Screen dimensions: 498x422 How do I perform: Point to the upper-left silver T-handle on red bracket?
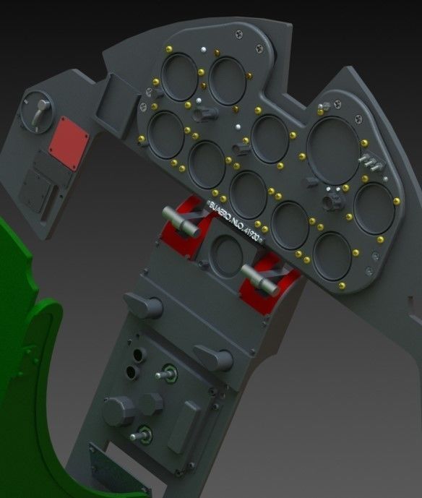click(x=181, y=215)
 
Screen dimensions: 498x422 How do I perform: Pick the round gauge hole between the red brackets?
click(x=226, y=255)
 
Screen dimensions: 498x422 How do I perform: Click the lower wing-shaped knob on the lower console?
click(x=213, y=357)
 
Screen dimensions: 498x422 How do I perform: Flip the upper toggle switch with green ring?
click(x=168, y=373)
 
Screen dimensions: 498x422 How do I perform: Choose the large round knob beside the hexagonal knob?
click(x=118, y=411)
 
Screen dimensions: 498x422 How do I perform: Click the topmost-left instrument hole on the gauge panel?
click(x=178, y=77)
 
